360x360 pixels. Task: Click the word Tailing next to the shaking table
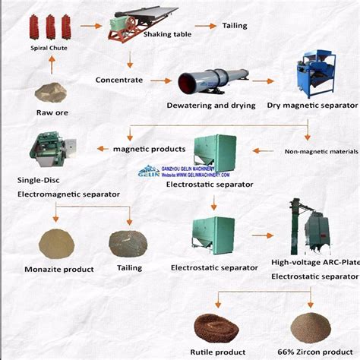(234, 26)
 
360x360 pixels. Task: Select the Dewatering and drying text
(211, 107)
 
